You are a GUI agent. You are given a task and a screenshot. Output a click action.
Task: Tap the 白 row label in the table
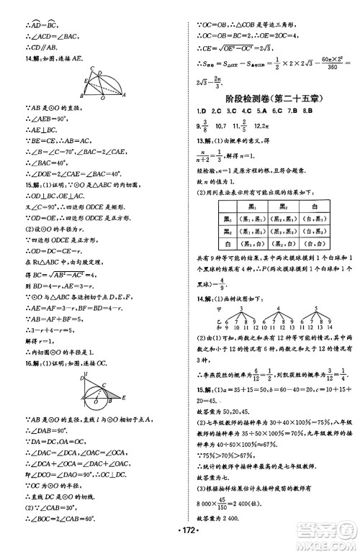click(x=228, y=244)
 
